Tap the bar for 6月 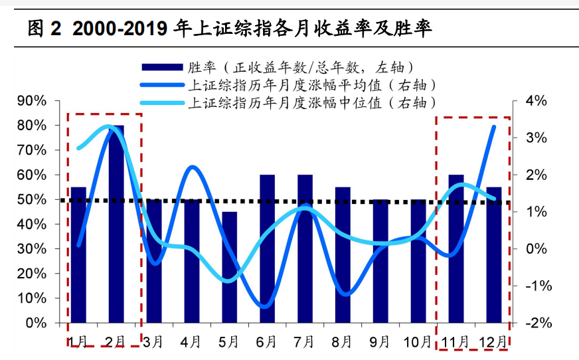click(267, 248)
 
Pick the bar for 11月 click(456, 248)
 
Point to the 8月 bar click(343, 255)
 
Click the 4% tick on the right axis click(535, 101)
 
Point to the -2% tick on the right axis click(535, 323)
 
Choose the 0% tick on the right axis click(535, 249)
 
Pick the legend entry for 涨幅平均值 click(311, 85)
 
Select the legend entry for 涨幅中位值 click(311, 103)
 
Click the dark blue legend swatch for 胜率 click(161, 67)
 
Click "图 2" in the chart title click(44, 28)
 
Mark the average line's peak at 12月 click(494, 126)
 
